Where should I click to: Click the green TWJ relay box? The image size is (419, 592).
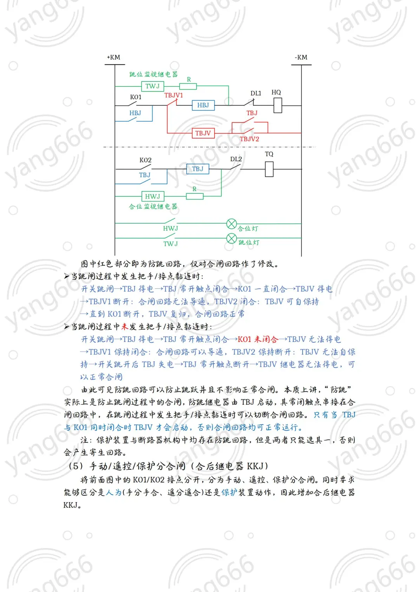pyautogui.click(x=152, y=86)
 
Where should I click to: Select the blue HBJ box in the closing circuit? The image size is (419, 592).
pyautogui.click(x=203, y=105)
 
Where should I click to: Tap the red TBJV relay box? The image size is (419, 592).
pyautogui.click(x=203, y=133)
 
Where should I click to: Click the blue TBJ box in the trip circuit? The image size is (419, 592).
pyautogui.click(x=197, y=169)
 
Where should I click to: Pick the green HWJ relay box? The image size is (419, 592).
pyautogui.click(x=152, y=196)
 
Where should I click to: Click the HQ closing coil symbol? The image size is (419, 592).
pyautogui.click(x=277, y=105)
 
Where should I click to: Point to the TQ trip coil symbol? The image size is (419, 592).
pyautogui.click(x=269, y=169)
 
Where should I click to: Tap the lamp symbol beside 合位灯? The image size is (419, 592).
pyautogui.click(x=232, y=224)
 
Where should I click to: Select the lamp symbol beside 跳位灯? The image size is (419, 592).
pyautogui.click(x=232, y=238)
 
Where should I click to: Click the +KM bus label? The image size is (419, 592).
pyautogui.click(x=114, y=57)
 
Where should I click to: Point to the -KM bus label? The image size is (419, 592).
pyautogui.click(x=301, y=57)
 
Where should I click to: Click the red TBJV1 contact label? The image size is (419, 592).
pyautogui.click(x=173, y=95)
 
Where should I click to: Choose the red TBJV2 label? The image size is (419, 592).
pyautogui.click(x=249, y=139)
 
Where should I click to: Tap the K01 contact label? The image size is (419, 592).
pyautogui.click(x=136, y=97)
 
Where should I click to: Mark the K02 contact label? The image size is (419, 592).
pyautogui.click(x=145, y=160)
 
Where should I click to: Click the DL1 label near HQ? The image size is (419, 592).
pyautogui.click(x=256, y=93)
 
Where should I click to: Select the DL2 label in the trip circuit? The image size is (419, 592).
pyautogui.click(x=236, y=159)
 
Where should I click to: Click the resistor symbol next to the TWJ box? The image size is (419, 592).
pyautogui.click(x=188, y=86)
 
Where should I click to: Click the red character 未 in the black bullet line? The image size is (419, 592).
pyautogui.click(x=125, y=326)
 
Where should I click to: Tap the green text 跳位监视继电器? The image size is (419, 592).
pyautogui.click(x=154, y=74)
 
